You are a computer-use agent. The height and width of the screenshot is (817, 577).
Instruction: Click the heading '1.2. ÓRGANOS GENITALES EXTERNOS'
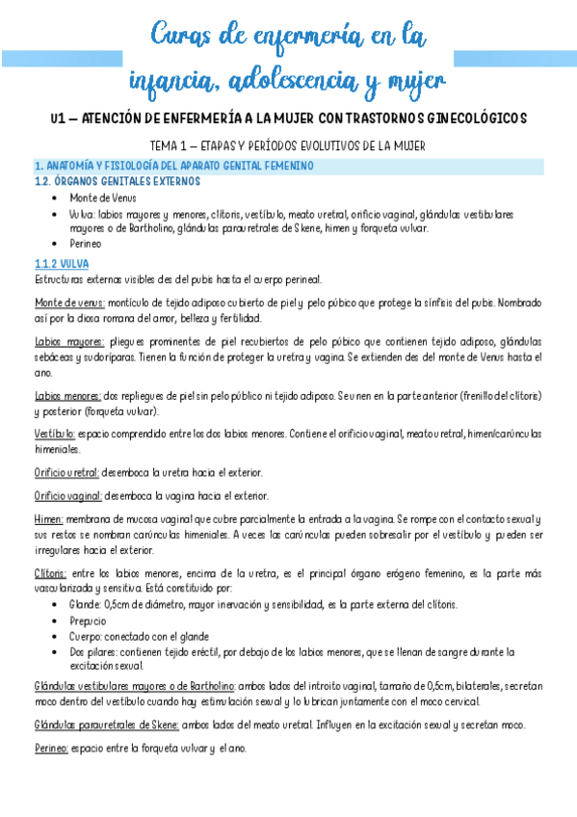coord(117,180)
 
